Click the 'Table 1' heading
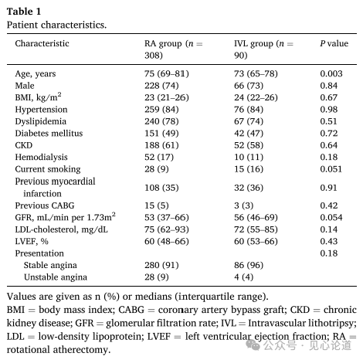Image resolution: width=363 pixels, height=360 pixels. coord(24,12)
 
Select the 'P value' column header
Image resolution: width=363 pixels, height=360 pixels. coord(334,43)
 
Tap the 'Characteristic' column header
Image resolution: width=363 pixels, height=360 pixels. coord(42,43)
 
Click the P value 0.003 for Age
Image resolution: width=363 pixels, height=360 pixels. coord(331,73)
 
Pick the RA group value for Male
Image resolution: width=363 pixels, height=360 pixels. coord(161,86)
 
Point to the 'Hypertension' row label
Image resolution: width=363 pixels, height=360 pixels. coord(41,110)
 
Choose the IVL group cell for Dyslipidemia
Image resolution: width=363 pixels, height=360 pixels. coord(249,121)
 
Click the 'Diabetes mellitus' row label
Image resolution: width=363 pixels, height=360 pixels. coord(49,133)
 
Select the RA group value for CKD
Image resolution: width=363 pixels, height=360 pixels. coord(161,145)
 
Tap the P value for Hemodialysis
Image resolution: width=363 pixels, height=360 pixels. coord(328,157)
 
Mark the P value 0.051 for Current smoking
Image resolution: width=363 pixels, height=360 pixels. coord(331,169)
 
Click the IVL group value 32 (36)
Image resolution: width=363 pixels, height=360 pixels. coord(249,188)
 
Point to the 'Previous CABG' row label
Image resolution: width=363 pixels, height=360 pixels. coord(45,205)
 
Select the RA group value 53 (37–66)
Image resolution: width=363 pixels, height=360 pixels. coord(167,217)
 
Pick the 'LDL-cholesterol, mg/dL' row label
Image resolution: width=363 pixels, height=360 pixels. coord(61,229)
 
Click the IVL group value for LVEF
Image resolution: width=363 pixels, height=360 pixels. coord(256,241)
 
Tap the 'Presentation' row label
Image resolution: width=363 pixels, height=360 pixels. coord(39,253)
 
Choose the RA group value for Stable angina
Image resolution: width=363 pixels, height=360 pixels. coord(161,265)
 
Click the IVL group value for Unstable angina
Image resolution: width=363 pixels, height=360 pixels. coord(243,277)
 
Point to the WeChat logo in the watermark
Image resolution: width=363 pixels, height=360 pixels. coord(253,345)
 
